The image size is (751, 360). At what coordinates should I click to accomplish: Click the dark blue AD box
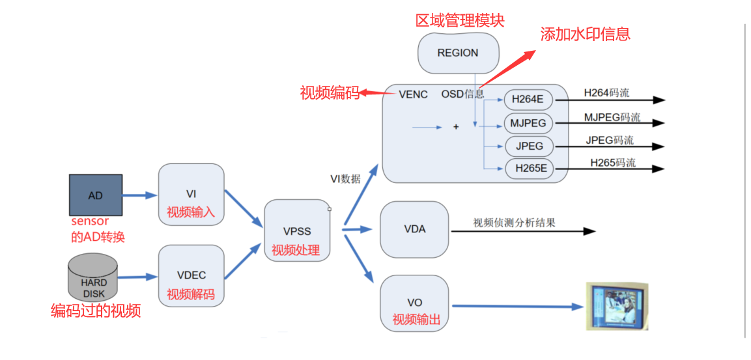coord(96,195)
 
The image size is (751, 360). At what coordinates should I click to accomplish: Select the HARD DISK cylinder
coord(92,278)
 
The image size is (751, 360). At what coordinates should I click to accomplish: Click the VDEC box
coord(191,276)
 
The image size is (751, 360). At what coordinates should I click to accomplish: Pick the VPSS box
coord(297,231)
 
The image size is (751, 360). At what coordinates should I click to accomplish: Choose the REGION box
coord(458,53)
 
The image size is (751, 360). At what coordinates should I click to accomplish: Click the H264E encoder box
coord(528,100)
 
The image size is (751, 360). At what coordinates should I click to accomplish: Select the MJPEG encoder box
coord(528,123)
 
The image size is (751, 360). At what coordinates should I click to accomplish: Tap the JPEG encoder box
coord(529,146)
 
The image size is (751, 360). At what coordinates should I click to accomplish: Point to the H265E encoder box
coord(529,169)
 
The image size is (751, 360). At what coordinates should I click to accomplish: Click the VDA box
coord(414,229)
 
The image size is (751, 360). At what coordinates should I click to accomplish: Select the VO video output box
coord(414,303)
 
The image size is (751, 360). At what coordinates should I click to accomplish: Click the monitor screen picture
coord(616,306)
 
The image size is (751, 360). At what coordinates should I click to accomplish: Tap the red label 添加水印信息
coord(585,34)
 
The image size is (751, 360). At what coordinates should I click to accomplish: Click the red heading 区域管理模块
coord(460,20)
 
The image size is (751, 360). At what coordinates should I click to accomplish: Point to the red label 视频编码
coord(330,93)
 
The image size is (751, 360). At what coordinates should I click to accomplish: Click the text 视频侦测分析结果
coord(514,223)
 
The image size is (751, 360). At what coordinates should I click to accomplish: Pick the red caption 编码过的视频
coord(96,311)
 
